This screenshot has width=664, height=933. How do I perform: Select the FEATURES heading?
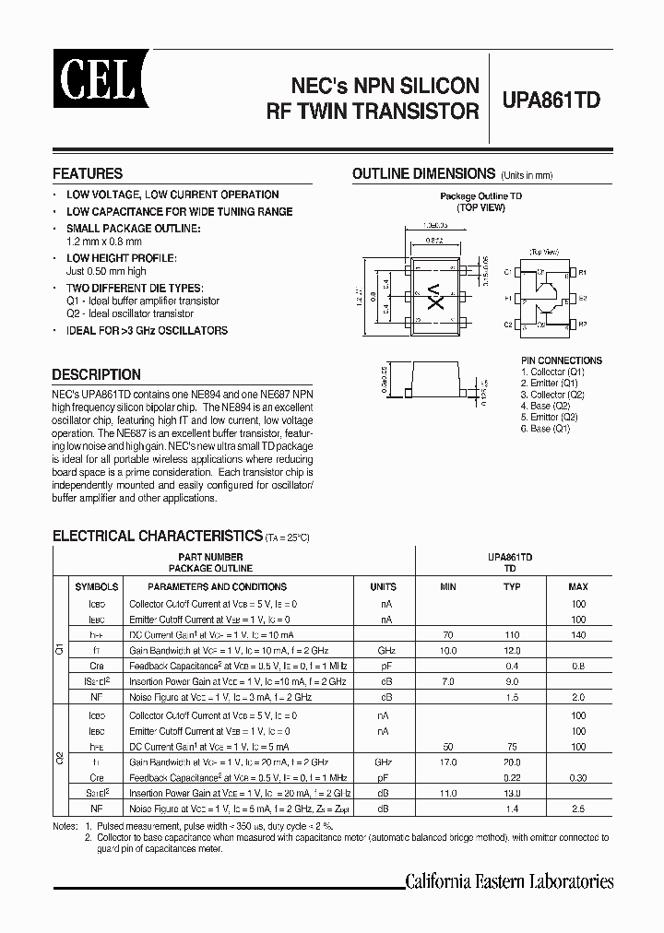tap(88, 173)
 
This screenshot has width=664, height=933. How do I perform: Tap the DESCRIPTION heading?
tap(97, 374)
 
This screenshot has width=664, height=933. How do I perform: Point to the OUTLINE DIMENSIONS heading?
tap(424, 173)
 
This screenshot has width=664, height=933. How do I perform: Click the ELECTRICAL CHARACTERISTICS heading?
tap(157, 535)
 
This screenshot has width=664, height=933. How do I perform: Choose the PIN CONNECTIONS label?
tap(562, 360)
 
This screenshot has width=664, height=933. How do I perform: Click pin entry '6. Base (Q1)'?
tap(549, 429)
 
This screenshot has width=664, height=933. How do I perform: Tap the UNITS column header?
tap(383, 586)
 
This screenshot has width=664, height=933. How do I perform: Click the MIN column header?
tap(448, 586)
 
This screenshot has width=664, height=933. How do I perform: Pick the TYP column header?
tap(513, 586)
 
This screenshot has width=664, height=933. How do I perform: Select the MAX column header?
tap(577, 586)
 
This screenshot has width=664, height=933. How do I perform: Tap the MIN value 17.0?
tap(448, 762)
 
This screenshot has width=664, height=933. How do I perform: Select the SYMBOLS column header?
tap(97, 586)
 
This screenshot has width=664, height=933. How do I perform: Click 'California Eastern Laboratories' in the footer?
tap(509, 881)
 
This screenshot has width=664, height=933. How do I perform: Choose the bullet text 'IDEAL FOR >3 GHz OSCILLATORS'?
tap(147, 330)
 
